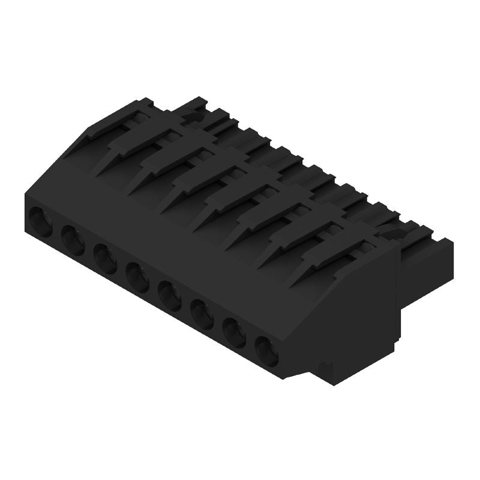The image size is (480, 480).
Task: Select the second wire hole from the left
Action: click(x=73, y=240)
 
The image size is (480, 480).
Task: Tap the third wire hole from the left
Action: click(x=106, y=259)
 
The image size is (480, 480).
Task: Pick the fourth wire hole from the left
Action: click(x=138, y=278)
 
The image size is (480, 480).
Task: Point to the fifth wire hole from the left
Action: click(x=170, y=296)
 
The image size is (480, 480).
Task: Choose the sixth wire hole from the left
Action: click(x=202, y=314)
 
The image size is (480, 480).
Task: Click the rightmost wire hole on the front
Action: click(x=267, y=350)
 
